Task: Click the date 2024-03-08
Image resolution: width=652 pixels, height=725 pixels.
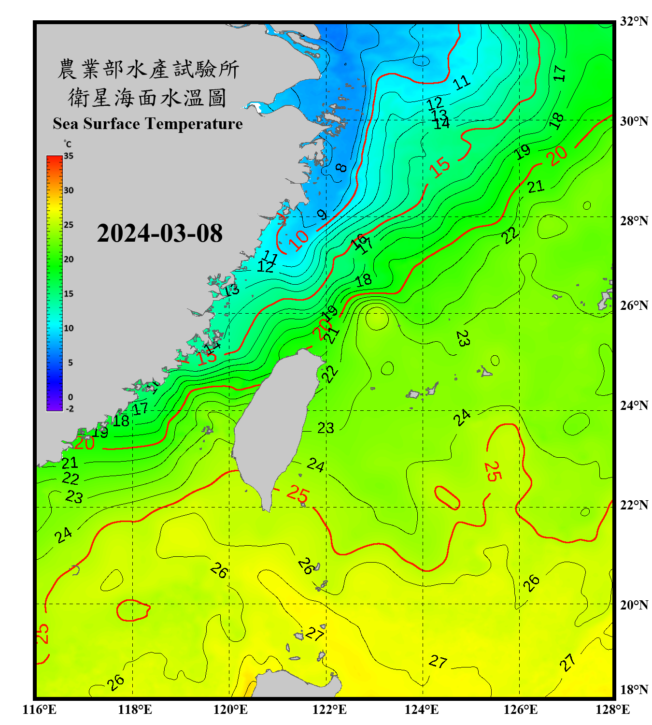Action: pos(159,233)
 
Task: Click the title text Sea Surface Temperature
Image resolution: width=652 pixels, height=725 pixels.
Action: pos(148,124)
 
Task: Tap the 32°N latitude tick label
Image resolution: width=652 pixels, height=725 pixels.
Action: pos(634,21)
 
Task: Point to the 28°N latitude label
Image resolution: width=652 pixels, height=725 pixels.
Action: pos(634,221)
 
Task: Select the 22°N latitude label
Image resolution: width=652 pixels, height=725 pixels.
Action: pos(634,505)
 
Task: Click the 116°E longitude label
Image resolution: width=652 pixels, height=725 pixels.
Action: pos(40,710)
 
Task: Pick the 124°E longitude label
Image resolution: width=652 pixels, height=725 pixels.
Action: pos(422,710)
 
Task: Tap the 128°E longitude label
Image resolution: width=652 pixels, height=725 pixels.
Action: pos(612,710)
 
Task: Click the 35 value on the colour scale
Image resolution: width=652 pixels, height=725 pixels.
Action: pos(69,156)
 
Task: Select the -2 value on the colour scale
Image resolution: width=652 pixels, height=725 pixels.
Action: pos(70,409)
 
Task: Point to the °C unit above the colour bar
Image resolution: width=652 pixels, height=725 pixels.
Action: pos(68,145)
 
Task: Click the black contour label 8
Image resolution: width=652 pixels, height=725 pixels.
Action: pos(341,168)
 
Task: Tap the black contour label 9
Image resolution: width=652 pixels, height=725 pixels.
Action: pos(322,215)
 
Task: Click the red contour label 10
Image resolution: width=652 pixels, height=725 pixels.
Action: pos(299,239)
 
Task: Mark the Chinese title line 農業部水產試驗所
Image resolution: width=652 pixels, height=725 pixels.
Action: pos(148,69)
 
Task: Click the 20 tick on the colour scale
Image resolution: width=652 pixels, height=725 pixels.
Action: pos(69,260)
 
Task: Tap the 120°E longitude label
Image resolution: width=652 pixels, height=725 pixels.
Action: pos(230,710)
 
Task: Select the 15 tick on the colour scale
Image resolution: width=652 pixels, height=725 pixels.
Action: pos(69,294)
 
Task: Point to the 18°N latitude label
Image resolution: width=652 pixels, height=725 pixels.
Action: pos(634,690)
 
